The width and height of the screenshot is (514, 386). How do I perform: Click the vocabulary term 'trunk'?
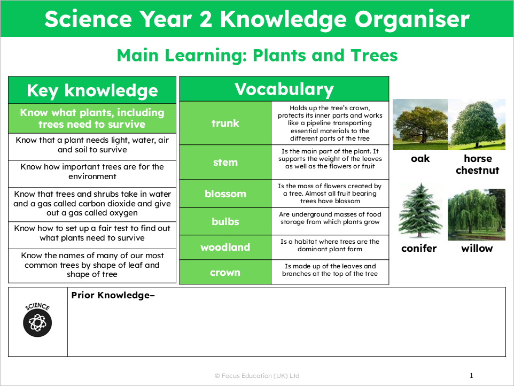click(x=225, y=123)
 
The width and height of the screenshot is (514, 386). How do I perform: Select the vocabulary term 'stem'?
click(x=225, y=162)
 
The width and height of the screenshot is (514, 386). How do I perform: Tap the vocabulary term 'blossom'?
click(x=225, y=194)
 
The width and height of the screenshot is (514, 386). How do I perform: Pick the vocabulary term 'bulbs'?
click(x=225, y=221)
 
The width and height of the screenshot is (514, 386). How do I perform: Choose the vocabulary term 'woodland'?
click(x=225, y=247)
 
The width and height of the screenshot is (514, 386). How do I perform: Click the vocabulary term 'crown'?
click(x=225, y=272)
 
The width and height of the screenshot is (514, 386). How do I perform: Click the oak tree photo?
click(x=420, y=125)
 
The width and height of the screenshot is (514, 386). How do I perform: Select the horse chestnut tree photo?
click(x=477, y=125)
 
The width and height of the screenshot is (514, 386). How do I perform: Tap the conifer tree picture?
click(x=419, y=210)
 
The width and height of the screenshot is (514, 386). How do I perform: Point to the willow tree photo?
click(x=477, y=214)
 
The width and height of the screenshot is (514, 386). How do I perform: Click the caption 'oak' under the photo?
click(x=420, y=159)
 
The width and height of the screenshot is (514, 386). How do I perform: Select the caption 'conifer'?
click(x=419, y=248)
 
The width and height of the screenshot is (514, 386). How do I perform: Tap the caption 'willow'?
click(x=477, y=248)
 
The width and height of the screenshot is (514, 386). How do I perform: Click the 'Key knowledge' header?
click(x=92, y=90)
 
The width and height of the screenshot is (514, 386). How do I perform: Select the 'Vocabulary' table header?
click(x=284, y=89)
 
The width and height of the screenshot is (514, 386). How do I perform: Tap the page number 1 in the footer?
click(x=471, y=376)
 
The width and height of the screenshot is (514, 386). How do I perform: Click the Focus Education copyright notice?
click(x=257, y=376)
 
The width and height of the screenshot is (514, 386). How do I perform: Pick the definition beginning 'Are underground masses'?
click(x=330, y=218)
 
